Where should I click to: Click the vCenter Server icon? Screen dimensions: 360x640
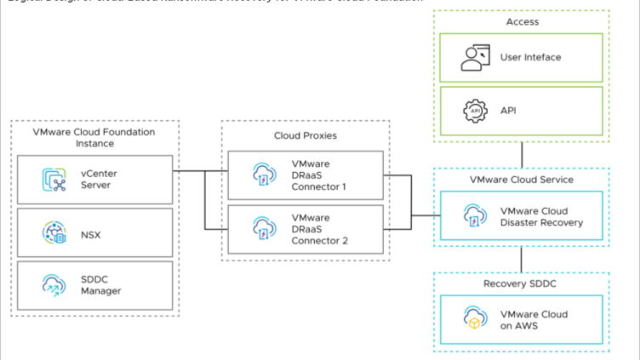pos(54,180)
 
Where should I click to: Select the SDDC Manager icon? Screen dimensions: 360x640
pos(54,285)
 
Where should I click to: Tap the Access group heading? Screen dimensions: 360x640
pos(521,23)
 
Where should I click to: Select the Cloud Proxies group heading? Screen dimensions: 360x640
pos(305,135)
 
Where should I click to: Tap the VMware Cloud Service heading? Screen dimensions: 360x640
pos(521,180)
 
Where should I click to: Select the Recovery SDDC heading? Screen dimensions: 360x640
pos(521,283)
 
